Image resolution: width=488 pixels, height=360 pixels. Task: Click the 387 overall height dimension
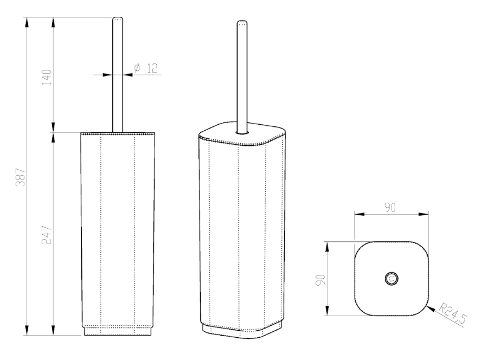(21, 177)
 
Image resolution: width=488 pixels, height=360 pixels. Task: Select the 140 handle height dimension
(47, 78)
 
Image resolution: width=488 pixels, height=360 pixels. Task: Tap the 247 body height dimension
(47, 235)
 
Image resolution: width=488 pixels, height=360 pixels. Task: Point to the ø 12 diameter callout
(146, 68)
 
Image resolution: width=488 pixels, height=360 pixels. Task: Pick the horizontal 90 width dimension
(390, 207)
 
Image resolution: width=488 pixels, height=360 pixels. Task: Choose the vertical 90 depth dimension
(320, 280)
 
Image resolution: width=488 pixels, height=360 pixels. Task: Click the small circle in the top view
(391, 278)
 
